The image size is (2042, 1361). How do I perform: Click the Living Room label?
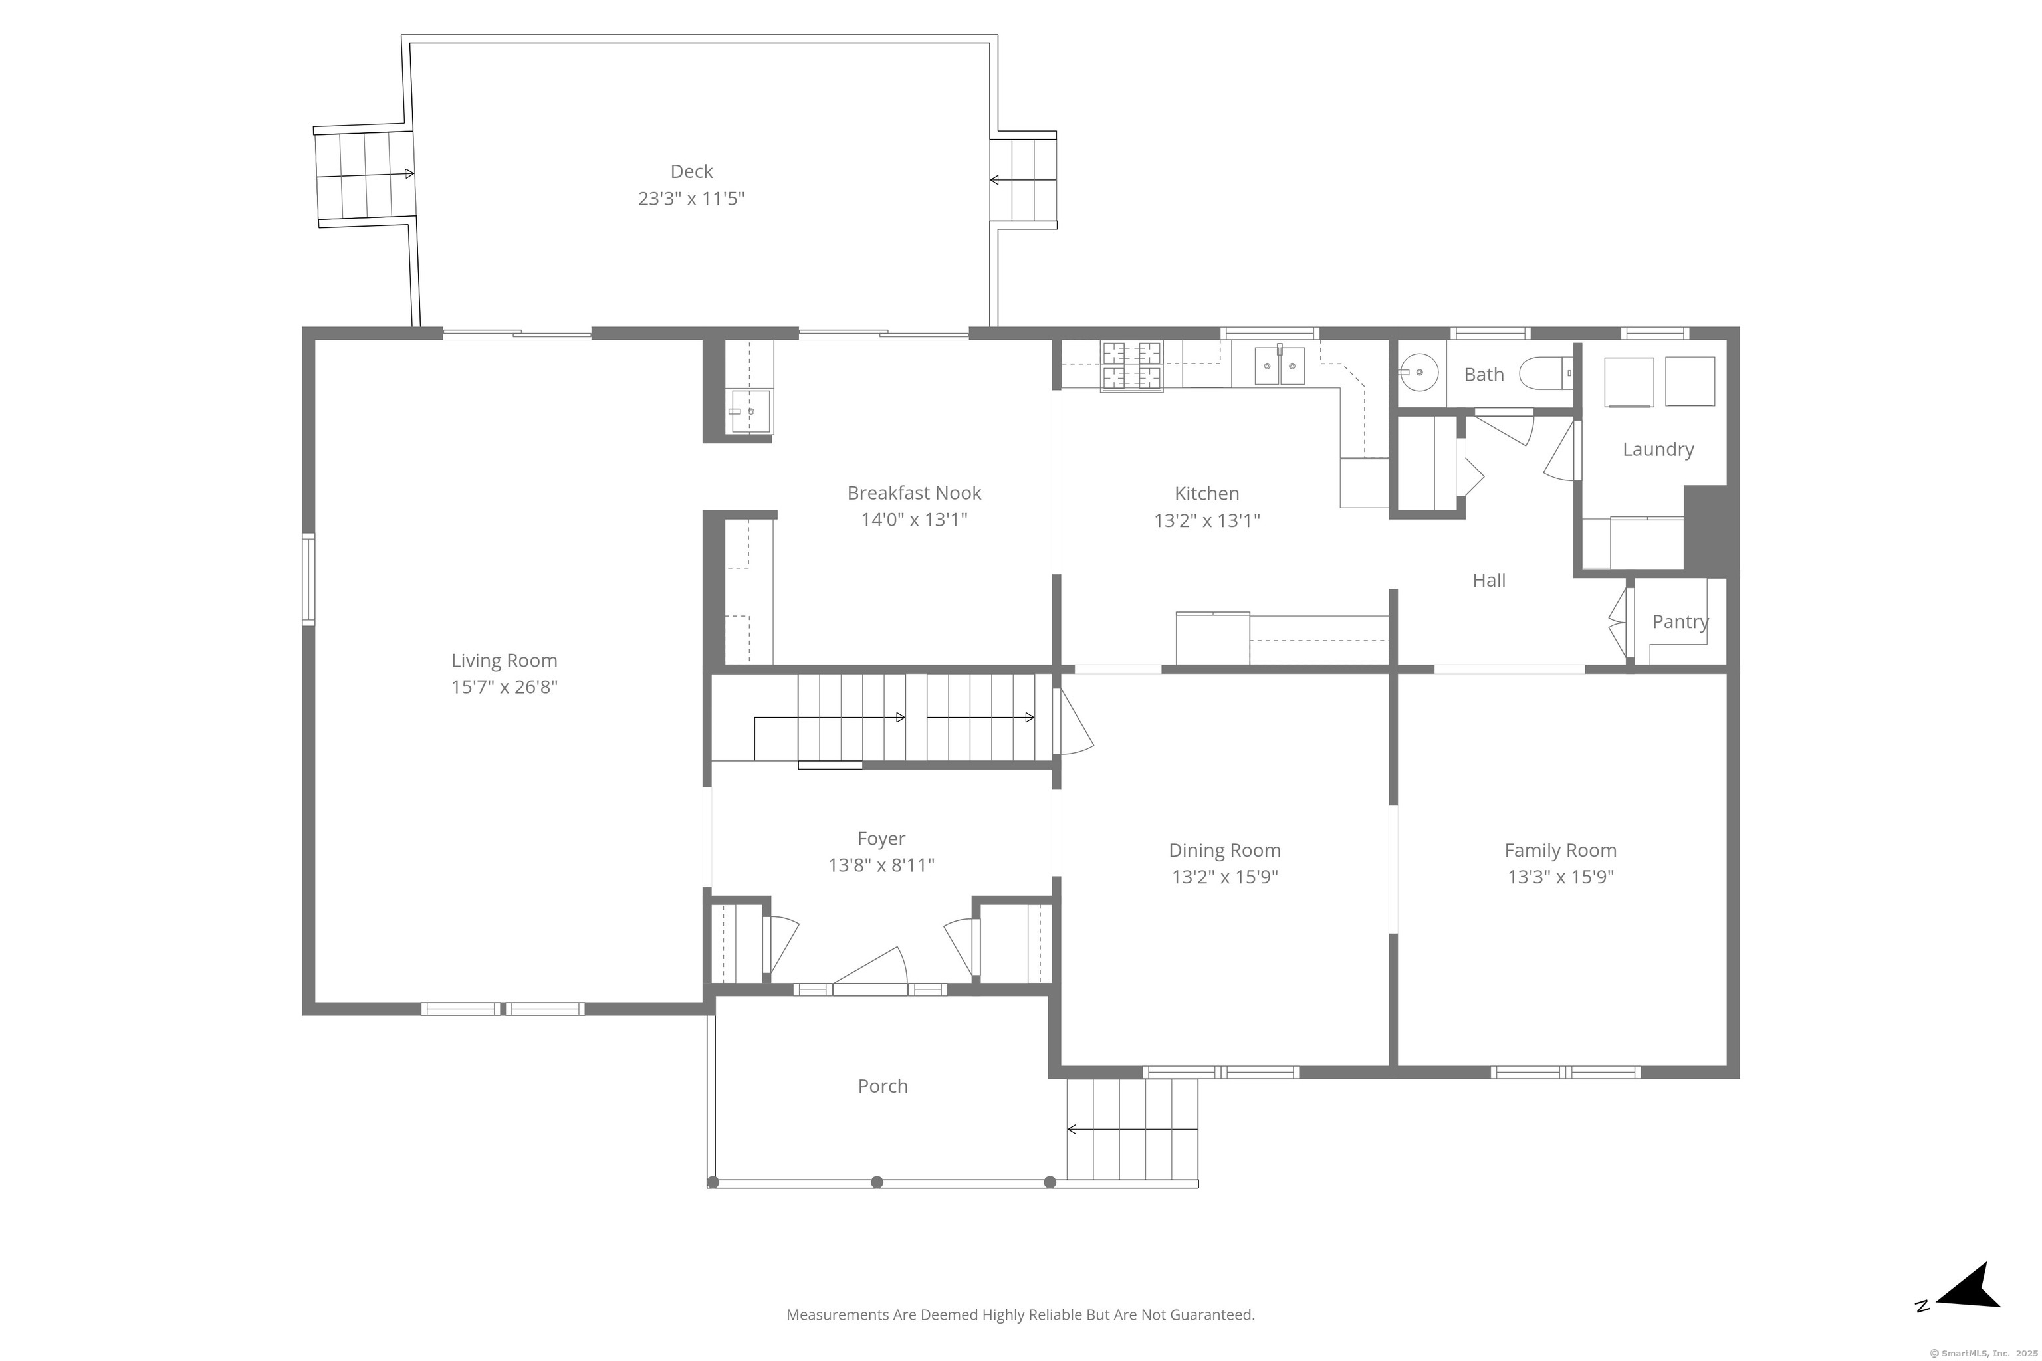(504, 661)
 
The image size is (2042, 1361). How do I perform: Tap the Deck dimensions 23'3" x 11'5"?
(691, 199)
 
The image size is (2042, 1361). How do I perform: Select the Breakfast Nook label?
(913, 493)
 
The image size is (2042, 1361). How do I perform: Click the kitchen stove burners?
(1131, 366)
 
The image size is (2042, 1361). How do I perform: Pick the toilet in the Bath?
(1545, 374)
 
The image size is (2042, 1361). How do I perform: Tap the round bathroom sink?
(1418, 373)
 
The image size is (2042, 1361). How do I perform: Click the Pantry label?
(1680, 621)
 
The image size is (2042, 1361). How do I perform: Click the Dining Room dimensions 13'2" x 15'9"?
(1224, 877)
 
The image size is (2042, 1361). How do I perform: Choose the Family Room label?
(1560, 851)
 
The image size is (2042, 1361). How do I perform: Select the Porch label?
(882, 1086)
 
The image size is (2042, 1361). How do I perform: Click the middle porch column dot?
(877, 1182)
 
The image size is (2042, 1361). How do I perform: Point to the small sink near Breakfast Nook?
(749, 411)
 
